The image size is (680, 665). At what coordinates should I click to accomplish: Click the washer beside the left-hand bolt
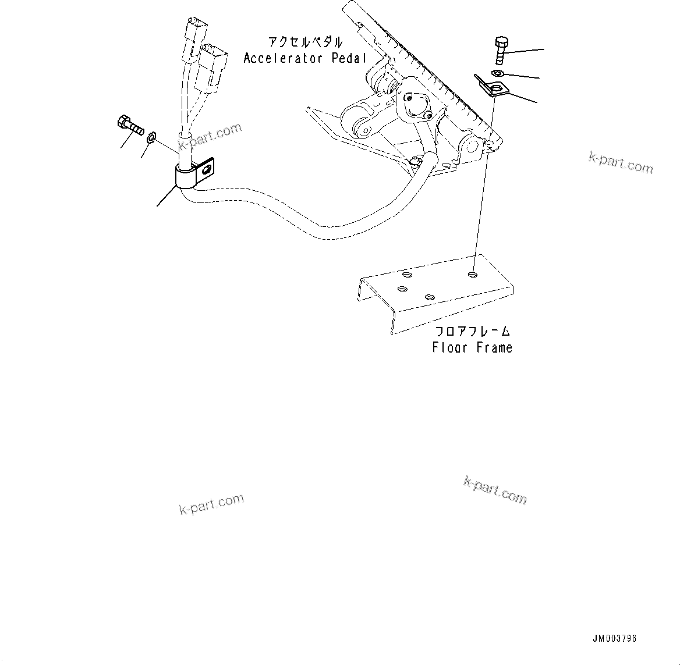[x=151, y=137]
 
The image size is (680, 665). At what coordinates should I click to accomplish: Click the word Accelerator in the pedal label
[x=282, y=58]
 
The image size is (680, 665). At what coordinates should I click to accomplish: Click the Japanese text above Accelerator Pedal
[x=304, y=42]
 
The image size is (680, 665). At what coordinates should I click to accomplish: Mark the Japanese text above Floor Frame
[x=473, y=332]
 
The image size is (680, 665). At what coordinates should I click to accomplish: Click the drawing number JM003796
[x=615, y=638]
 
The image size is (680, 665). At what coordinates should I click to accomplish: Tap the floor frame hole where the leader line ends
[x=473, y=273]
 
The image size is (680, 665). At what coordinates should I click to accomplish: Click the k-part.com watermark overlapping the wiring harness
[x=211, y=135]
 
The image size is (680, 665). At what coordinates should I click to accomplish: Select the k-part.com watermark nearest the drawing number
[x=495, y=490]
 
